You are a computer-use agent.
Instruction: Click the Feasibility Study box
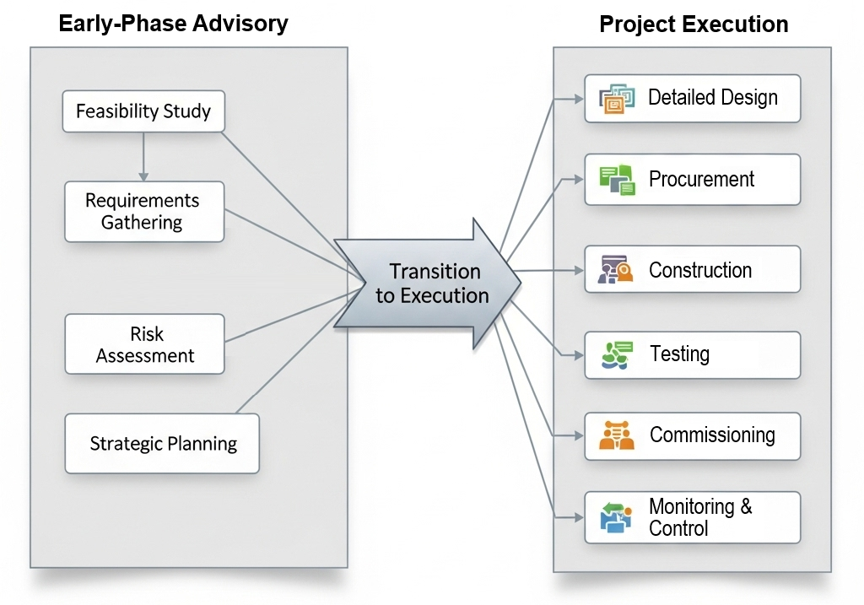coord(143,111)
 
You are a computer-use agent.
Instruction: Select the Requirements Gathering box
coord(143,212)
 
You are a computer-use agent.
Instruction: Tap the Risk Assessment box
coord(144,344)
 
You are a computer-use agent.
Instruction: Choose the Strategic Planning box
coord(162,443)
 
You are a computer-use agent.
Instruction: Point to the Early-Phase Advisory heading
coord(173,24)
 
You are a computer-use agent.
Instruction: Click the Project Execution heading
coord(694,24)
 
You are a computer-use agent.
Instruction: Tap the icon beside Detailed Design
coord(617,99)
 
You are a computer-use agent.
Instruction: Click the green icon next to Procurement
coord(617,180)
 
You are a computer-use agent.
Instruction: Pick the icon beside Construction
coord(616,270)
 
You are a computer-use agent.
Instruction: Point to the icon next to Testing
coord(617,354)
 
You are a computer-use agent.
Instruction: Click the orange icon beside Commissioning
coord(617,435)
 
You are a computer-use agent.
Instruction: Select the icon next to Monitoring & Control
coord(616,517)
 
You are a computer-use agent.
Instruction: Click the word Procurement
coord(701,180)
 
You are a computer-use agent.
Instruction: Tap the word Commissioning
coord(712,435)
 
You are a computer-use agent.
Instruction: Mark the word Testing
coord(679,354)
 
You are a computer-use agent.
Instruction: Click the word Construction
coord(699,271)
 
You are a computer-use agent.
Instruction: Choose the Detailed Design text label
coord(712,98)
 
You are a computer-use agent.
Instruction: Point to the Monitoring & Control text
coord(699,517)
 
